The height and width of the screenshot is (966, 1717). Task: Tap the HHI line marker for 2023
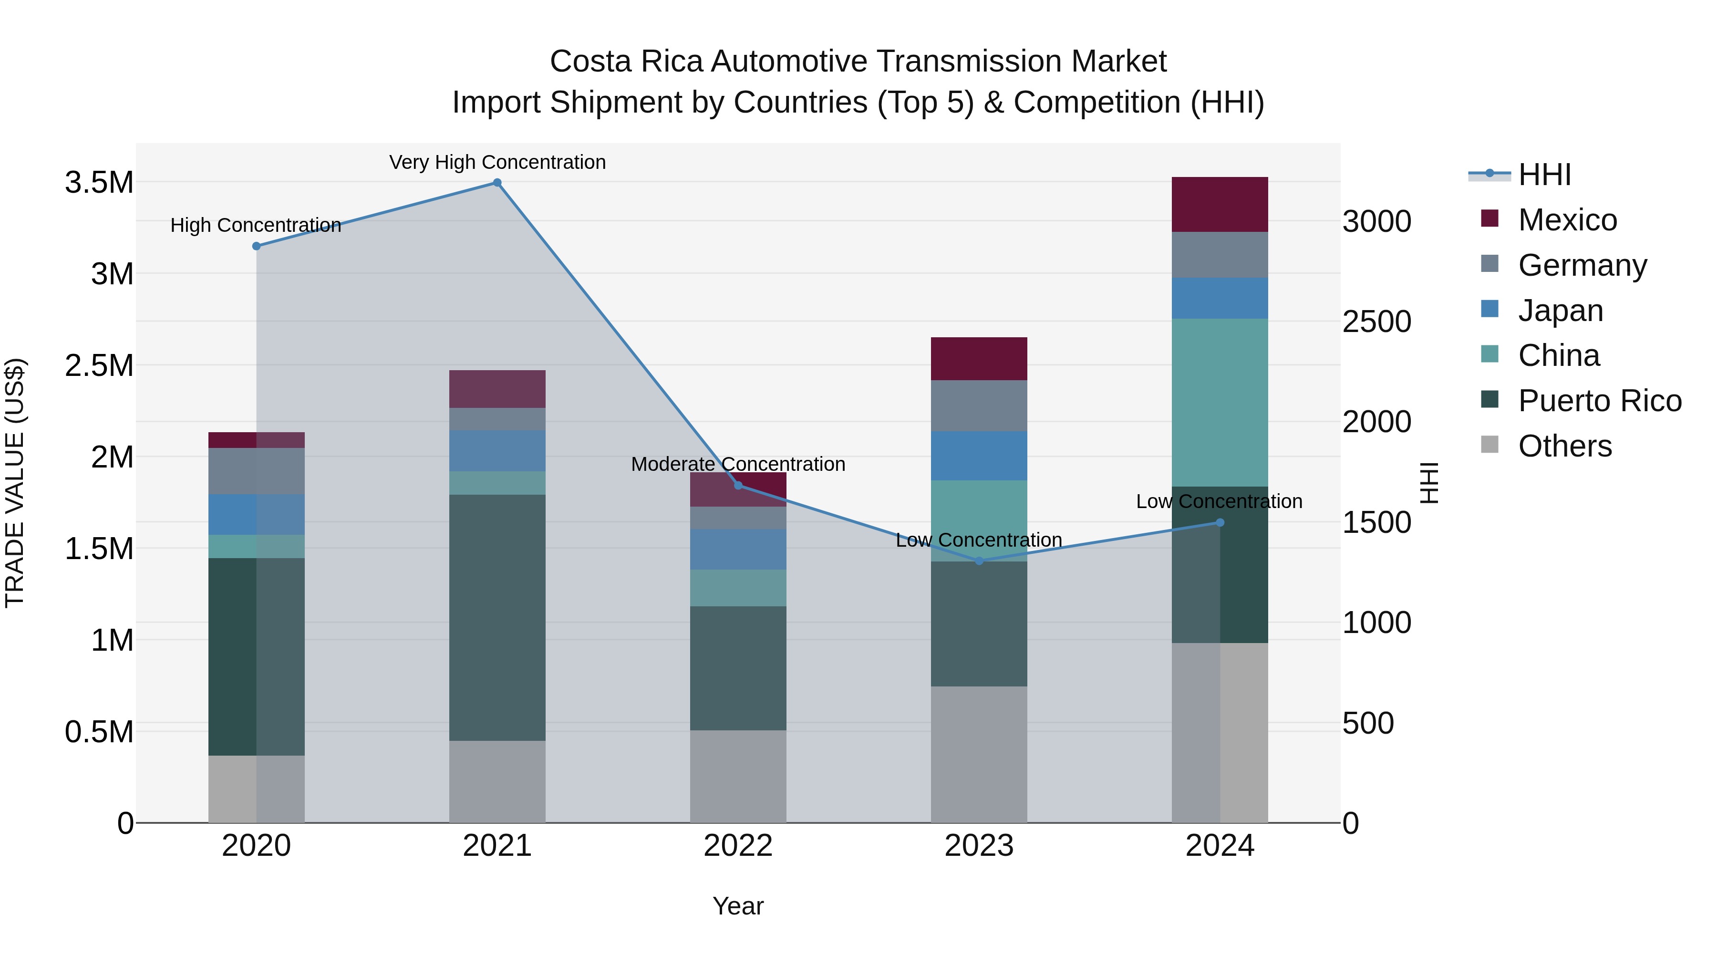click(979, 561)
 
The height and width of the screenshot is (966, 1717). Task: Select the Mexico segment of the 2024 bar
click(1220, 205)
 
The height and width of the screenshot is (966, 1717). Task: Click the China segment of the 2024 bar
click(1220, 403)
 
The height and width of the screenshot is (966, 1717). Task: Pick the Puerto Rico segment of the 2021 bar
click(497, 617)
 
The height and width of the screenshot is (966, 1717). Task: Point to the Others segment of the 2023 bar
click(979, 754)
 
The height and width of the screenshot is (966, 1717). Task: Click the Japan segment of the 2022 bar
click(738, 550)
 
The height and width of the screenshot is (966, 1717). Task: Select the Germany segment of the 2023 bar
click(979, 405)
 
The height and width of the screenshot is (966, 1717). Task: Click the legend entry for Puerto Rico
click(1599, 401)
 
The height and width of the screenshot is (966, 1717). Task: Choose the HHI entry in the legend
click(1544, 175)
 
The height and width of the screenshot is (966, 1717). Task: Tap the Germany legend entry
click(1582, 265)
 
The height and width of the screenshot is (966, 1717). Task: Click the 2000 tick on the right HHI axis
click(1376, 422)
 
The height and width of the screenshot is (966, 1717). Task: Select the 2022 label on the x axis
click(738, 846)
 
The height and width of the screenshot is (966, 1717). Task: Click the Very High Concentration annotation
click(497, 162)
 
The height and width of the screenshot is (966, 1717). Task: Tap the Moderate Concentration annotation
click(738, 464)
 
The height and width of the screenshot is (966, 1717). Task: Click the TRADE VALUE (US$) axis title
click(15, 483)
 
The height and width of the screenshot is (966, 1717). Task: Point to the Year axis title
click(738, 906)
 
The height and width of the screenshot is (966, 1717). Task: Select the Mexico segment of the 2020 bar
click(256, 440)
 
